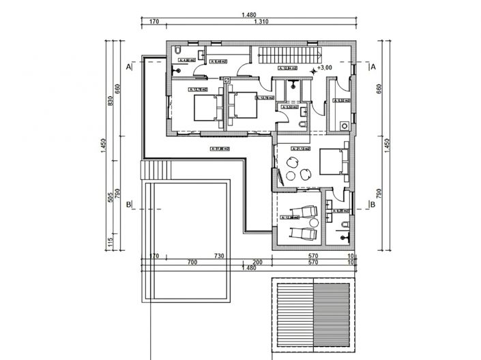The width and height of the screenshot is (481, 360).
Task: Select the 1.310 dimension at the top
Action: pyautogui.click(x=260, y=22)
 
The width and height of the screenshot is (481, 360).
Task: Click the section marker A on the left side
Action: pyautogui.click(x=128, y=67)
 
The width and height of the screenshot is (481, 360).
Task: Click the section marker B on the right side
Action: pyautogui.click(x=373, y=204)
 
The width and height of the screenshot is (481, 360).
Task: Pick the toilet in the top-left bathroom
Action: pyautogui.click(x=177, y=52)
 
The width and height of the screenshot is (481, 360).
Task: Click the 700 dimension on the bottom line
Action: pyautogui.click(x=192, y=262)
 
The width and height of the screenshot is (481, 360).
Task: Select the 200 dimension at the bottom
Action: pyautogui.click(x=257, y=262)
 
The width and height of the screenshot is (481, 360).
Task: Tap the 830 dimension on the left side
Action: pyautogui.click(x=110, y=102)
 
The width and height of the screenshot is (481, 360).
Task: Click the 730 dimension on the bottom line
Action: pyautogui.click(x=219, y=256)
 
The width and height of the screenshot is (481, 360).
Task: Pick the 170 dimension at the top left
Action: pyautogui.click(x=154, y=22)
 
